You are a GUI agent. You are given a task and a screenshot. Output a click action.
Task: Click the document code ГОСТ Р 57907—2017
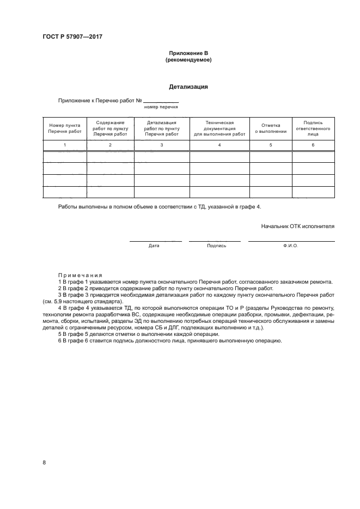coord(72,37)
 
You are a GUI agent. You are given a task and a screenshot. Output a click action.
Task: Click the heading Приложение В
coord(188,53)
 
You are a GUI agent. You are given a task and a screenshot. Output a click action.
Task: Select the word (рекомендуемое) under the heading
coord(188,60)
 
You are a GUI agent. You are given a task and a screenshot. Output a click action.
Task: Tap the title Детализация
coord(188,86)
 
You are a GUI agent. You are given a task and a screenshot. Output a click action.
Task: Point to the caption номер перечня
coord(161,108)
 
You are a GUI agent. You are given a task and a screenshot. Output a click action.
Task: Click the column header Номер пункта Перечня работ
coord(64,128)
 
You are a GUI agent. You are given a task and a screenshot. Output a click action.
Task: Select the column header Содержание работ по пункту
coord(110,128)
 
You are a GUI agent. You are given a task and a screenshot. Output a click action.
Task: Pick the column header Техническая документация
coord(219,128)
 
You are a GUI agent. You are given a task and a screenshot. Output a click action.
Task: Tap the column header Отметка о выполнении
coord(271,128)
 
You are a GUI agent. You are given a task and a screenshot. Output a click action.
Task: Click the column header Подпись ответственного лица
coord(313,128)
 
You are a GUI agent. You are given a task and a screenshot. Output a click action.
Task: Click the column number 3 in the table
coord(162,145)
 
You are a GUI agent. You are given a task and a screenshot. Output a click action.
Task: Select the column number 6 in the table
coord(313,145)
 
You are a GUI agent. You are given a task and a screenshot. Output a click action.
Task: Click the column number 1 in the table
coord(64,145)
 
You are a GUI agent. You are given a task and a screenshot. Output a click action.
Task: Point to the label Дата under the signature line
coord(154,246)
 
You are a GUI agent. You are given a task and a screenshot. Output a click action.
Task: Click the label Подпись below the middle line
coord(216,246)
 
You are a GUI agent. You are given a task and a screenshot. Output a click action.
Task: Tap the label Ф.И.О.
coord(291,246)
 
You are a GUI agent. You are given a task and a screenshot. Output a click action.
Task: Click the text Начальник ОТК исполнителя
coord(298,225)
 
